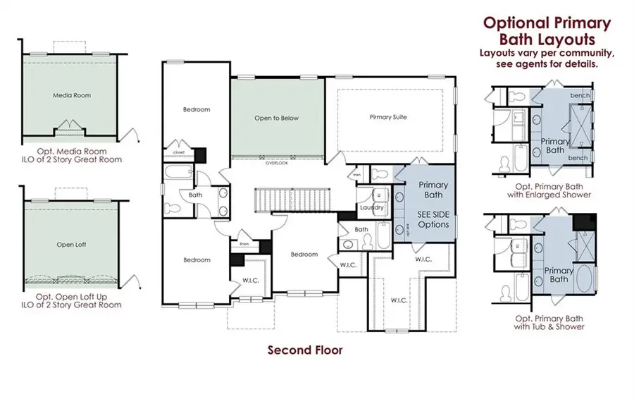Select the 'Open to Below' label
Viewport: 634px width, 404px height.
[276, 118]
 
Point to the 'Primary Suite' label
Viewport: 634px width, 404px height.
[388, 117]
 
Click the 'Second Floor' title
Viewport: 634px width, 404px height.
[305, 350]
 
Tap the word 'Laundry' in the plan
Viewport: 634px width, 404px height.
[371, 208]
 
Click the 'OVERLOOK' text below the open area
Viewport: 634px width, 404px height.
[276, 163]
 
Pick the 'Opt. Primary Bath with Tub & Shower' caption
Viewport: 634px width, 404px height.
[549, 322]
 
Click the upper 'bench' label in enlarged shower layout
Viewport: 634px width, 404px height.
[580, 94]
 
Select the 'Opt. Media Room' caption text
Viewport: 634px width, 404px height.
[70, 150]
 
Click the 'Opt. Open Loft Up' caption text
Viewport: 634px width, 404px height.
[70, 296]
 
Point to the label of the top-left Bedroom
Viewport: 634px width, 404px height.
[197, 109]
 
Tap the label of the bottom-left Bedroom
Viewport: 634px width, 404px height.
[197, 259]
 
